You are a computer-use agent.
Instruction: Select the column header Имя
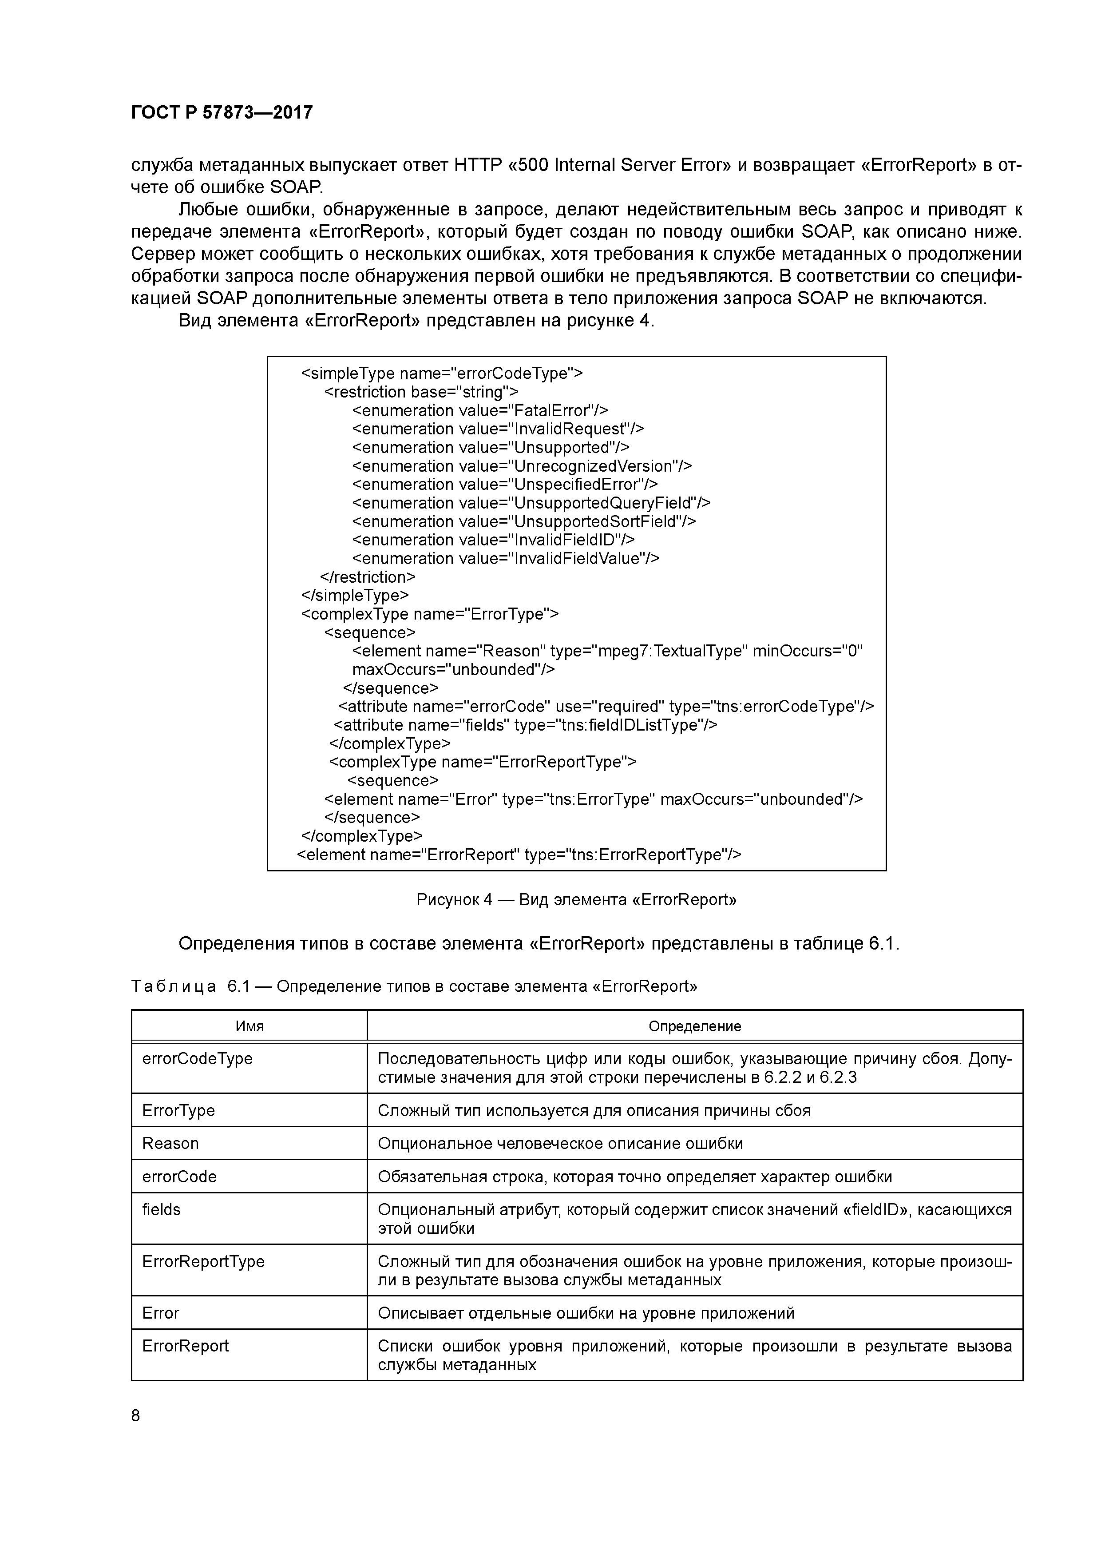point(249,1026)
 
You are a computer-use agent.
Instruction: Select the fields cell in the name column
point(162,1209)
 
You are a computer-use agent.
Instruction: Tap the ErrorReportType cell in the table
point(203,1261)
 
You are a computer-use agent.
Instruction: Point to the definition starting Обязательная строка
point(634,1176)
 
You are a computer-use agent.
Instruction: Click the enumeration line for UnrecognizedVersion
point(522,466)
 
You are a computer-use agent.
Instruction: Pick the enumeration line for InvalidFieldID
point(493,540)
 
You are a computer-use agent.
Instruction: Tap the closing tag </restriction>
point(367,577)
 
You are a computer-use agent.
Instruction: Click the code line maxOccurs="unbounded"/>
point(453,670)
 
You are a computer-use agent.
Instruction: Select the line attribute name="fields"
point(525,725)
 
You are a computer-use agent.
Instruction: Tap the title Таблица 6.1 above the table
point(413,986)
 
